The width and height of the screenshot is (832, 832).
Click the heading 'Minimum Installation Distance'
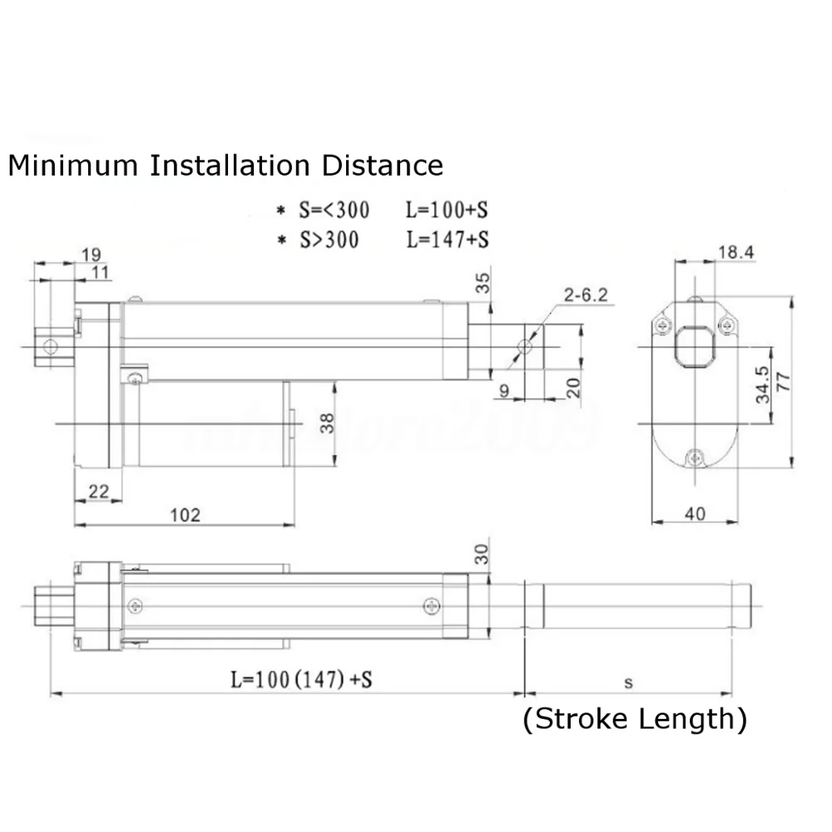coord(225,165)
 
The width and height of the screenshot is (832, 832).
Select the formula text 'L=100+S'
coord(447,209)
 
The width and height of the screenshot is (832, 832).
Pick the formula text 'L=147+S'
coord(447,240)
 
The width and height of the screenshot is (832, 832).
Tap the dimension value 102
coord(185,514)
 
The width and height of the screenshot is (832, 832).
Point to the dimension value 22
coord(97,492)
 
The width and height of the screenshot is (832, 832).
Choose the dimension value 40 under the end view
coord(695,513)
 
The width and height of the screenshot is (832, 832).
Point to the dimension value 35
coord(483,284)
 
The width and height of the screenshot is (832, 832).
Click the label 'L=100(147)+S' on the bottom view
coord(300,680)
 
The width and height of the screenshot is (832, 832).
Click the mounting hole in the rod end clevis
coord(523,346)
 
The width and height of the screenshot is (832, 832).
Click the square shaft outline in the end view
coord(694,346)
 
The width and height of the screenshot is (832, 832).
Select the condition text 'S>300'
coord(330,240)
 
